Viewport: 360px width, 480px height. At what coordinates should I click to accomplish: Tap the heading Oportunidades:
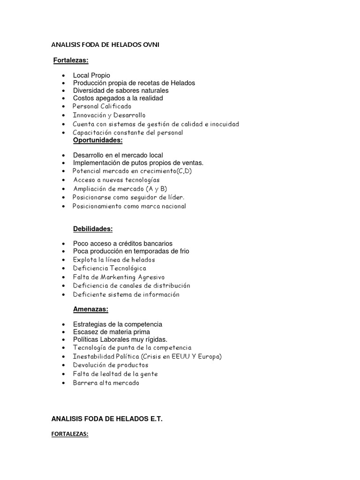(97, 140)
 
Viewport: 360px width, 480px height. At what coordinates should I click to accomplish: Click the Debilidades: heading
(93, 229)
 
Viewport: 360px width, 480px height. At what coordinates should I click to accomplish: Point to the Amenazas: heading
(91, 309)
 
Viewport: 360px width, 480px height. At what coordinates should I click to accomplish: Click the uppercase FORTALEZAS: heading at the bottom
(70, 434)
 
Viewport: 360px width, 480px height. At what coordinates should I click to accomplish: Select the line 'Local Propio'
(91, 75)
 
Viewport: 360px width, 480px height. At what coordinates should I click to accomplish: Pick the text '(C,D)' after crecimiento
(183, 171)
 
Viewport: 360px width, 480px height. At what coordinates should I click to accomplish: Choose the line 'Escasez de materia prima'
(112, 332)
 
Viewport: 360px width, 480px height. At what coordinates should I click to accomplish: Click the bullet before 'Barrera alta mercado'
(63, 383)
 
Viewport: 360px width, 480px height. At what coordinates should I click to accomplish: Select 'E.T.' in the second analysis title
(154, 419)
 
